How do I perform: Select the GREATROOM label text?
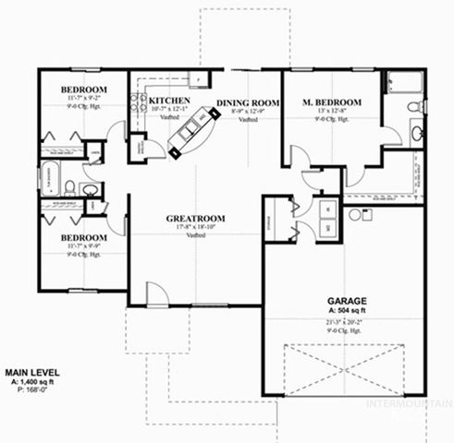pos(195,219)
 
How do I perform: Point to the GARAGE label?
pos(348,301)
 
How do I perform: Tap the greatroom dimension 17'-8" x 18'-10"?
pos(195,228)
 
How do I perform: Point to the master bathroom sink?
pos(415,135)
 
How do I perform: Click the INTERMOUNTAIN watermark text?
pos(410,404)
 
